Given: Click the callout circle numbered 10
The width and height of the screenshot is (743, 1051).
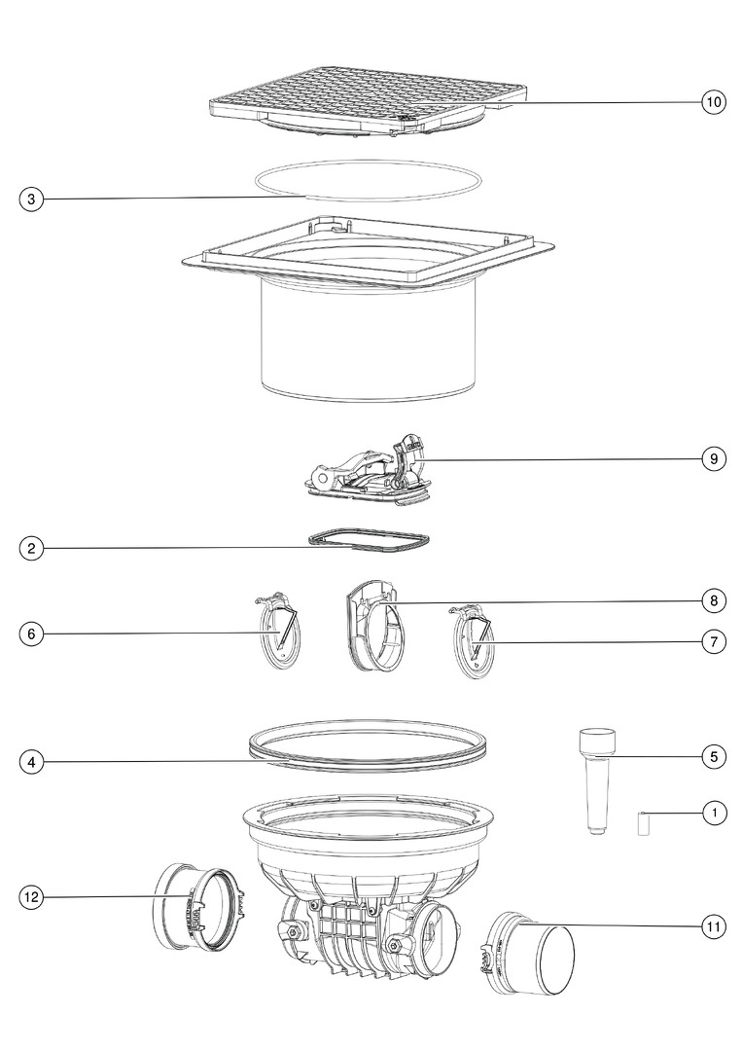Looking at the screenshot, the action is [x=714, y=102].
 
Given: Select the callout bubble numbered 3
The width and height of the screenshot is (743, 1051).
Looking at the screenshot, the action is [x=31, y=199].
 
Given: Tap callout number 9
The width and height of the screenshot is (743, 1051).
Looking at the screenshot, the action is [x=714, y=458].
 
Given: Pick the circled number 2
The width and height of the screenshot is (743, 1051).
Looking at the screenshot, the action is [x=31, y=548].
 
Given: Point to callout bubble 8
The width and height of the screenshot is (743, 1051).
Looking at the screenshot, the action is [x=714, y=600].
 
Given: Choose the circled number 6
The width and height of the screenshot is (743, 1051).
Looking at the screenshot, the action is [x=31, y=634].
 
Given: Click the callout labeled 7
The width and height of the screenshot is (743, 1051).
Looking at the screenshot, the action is [x=714, y=641].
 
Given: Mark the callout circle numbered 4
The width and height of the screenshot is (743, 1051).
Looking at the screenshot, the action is [x=31, y=761].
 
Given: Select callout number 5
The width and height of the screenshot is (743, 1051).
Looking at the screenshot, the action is [x=714, y=757].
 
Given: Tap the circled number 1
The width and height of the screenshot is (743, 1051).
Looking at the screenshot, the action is [x=714, y=813].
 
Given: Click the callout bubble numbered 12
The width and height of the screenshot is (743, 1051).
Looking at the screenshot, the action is [x=31, y=897].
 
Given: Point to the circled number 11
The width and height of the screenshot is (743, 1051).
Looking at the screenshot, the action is [x=714, y=927].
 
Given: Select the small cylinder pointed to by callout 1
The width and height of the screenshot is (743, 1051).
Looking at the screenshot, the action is [x=643, y=825].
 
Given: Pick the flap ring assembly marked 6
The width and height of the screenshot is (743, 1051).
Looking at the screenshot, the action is [x=278, y=630].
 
